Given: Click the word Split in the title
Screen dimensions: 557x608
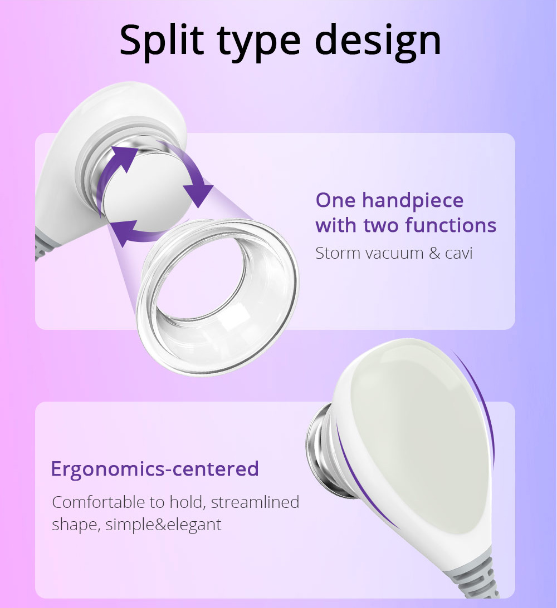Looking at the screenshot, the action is tap(162, 40).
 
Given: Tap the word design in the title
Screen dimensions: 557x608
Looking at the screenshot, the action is tap(378, 40).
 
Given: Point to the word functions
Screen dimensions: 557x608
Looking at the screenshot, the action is tap(451, 225).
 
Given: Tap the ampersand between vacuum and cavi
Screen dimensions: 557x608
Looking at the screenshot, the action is tap(434, 253).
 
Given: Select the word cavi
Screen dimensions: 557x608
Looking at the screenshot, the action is tap(459, 253).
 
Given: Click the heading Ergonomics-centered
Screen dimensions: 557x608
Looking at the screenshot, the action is tap(155, 469).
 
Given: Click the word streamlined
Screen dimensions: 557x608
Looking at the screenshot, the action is tap(255, 502).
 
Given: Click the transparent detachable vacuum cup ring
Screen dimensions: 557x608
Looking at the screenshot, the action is tap(218, 298).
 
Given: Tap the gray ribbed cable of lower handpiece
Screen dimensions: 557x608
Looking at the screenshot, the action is tap(476, 574).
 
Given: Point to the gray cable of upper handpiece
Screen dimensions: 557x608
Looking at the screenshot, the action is tap(43, 244).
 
